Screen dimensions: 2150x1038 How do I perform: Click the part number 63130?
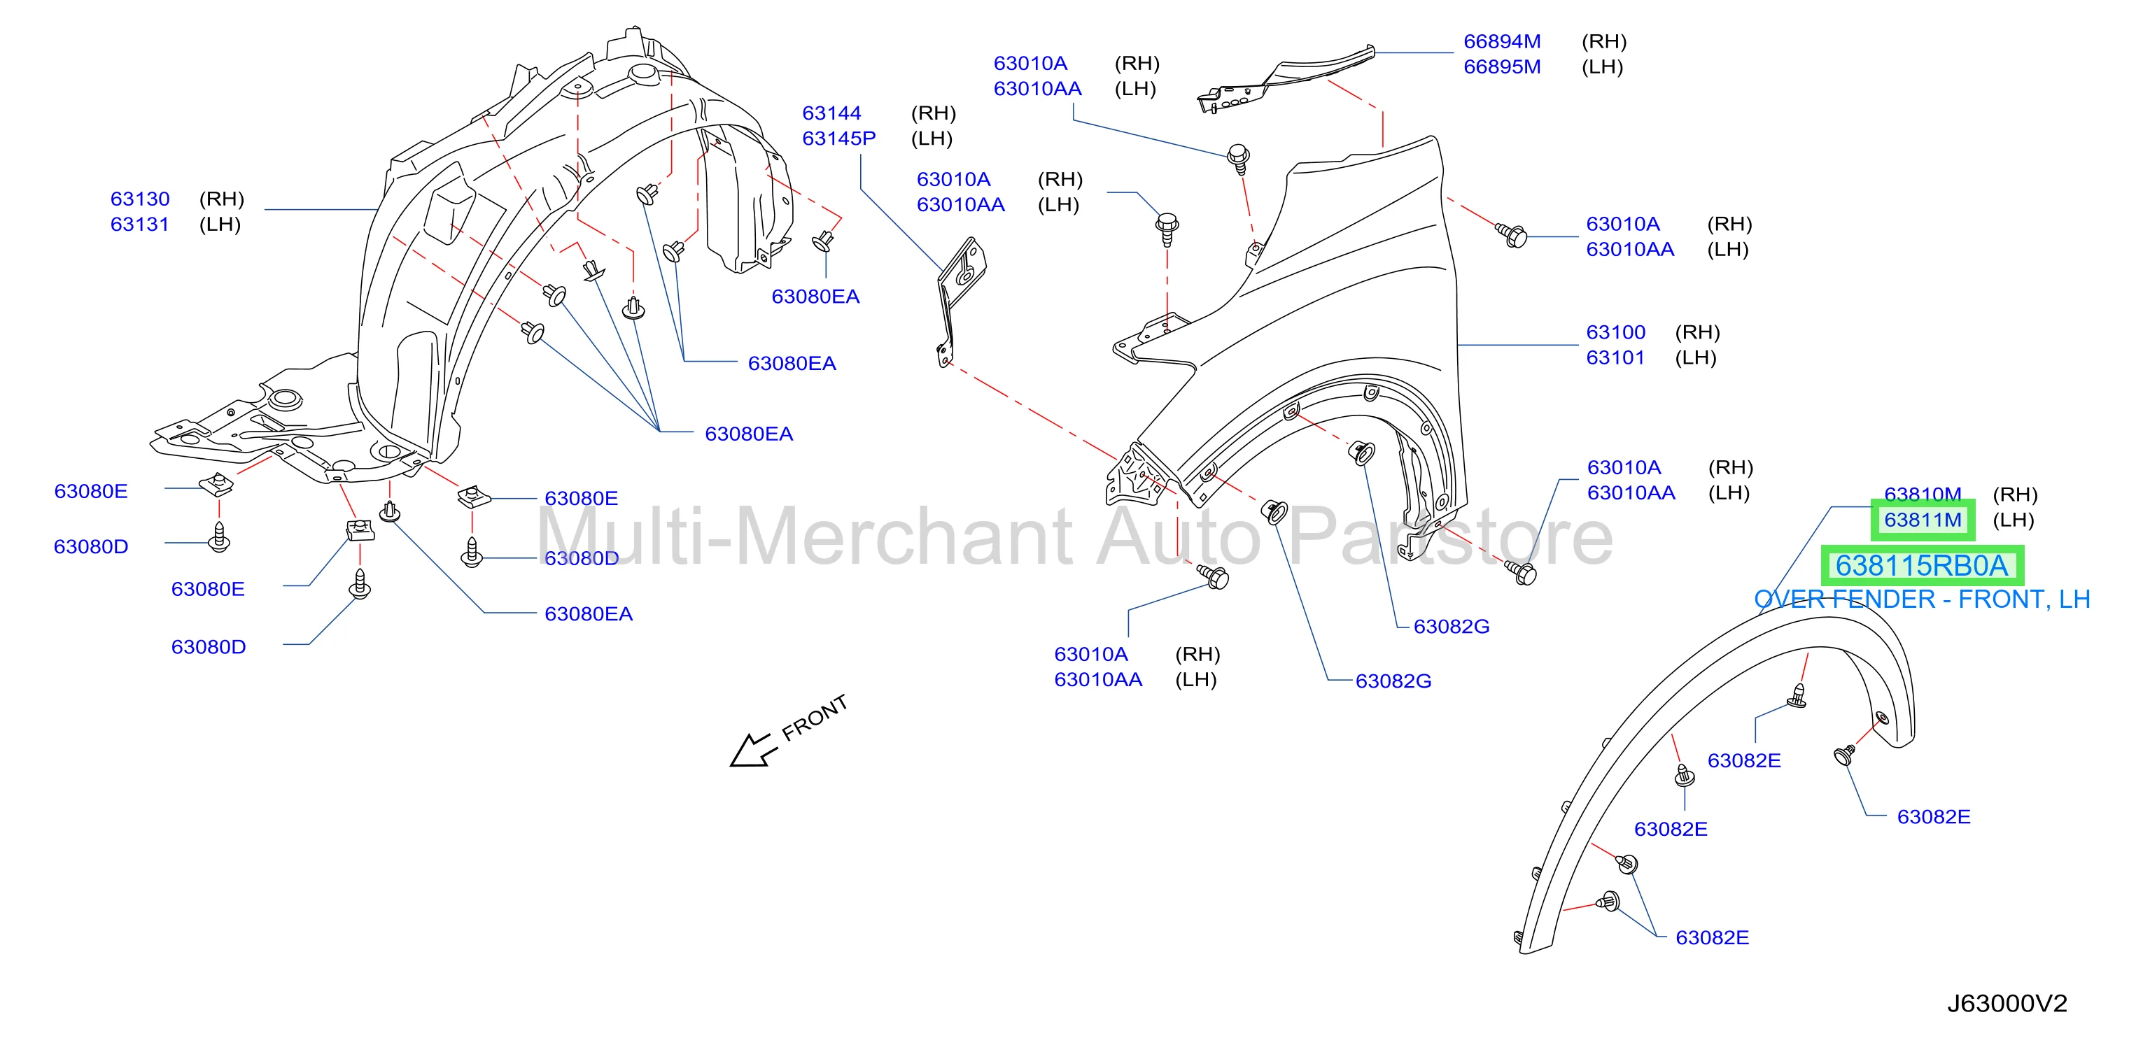coord(140,199)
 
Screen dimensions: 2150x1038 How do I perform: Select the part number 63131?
coord(139,224)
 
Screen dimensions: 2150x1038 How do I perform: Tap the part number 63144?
coord(831,113)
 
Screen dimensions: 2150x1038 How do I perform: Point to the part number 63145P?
coord(839,138)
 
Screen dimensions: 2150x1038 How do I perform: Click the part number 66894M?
coord(1503,41)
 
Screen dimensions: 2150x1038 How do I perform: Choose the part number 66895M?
coord(1503,66)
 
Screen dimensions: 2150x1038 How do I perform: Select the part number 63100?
coord(1616,332)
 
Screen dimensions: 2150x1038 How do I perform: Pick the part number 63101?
coord(1615,357)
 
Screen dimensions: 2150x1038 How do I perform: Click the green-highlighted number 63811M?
coord(1923,520)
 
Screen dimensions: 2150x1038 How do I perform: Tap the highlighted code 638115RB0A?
coord(1921,566)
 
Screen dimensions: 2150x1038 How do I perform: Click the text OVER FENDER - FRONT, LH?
coord(1921,599)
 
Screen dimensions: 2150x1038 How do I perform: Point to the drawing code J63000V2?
coord(2007,1003)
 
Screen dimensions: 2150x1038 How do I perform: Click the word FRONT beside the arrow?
coord(815,718)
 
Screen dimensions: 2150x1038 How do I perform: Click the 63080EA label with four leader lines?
coord(749,434)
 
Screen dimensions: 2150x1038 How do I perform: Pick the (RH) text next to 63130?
coord(221,199)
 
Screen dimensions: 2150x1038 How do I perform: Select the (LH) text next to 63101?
coord(1695,357)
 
